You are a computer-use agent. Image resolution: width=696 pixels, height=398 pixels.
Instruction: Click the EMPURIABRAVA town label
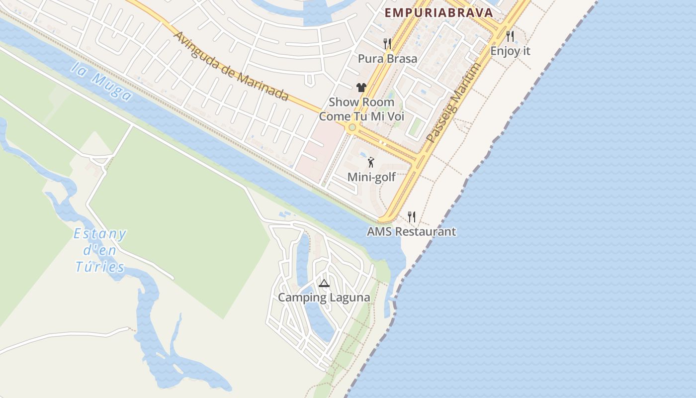point(439,13)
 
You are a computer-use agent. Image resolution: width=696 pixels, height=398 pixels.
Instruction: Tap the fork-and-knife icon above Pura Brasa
point(387,44)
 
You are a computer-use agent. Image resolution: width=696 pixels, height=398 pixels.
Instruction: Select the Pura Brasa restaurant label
point(388,59)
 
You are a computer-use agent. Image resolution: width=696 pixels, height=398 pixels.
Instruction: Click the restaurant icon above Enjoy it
point(510,36)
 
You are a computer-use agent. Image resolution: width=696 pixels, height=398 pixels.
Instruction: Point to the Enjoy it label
point(510,51)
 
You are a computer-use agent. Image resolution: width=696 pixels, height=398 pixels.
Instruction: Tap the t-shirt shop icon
point(361,88)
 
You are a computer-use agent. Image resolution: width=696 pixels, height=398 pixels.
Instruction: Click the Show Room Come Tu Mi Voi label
point(361,109)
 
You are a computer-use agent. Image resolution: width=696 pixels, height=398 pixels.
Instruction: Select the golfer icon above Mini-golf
point(371,162)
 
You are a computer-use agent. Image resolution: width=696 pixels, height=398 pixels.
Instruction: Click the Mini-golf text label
point(371,177)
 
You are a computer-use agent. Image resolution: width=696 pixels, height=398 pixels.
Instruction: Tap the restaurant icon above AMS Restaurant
point(412,216)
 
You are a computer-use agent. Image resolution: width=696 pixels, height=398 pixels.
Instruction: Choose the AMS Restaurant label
point(411,231)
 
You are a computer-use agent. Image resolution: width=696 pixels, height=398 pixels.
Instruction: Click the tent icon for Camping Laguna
point(324,284)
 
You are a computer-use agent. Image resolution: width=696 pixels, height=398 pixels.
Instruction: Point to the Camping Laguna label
point(324,298)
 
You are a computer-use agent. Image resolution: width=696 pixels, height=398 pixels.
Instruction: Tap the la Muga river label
point(101,83)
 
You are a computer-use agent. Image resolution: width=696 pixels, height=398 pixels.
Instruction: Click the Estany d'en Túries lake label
point(100,251)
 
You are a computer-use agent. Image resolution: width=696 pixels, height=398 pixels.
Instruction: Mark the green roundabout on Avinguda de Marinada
point(352,127)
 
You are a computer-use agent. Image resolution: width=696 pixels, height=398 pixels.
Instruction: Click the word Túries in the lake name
point(100,268)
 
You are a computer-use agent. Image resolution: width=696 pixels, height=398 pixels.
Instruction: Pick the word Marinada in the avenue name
point(263,86)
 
